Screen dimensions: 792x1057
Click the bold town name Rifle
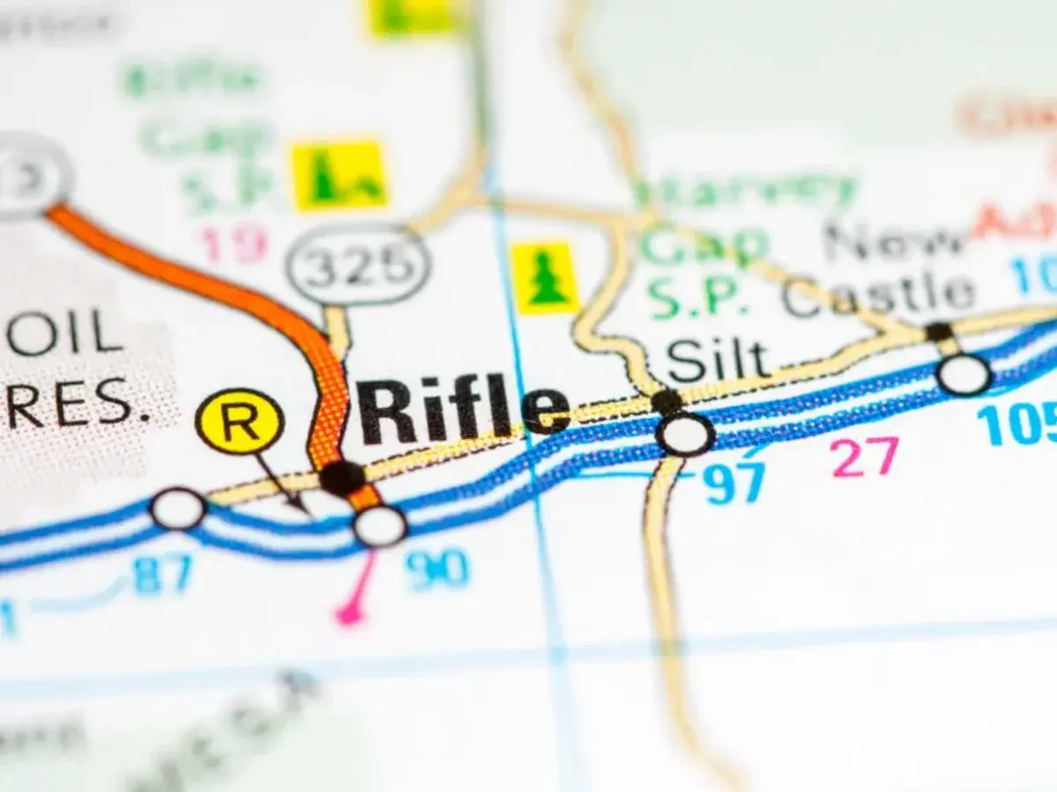(x=462, y=410)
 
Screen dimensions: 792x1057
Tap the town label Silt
(x=717, y=359)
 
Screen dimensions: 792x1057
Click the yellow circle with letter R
(x=240, y=421)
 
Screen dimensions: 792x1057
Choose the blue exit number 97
(x=735, y=483)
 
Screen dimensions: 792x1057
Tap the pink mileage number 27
(x=865, y=458)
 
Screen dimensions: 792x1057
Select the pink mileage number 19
(x=233, y=244)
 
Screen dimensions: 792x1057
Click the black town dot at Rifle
(x=342, y=478)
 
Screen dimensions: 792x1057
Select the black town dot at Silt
(x=668, y=402)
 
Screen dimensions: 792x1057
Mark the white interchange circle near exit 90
(x=380, y=525)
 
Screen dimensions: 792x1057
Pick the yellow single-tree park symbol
(x=546, y=278)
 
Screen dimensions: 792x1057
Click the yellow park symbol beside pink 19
(x=339, y=174)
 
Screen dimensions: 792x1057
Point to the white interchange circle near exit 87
(x=178, y=510)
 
